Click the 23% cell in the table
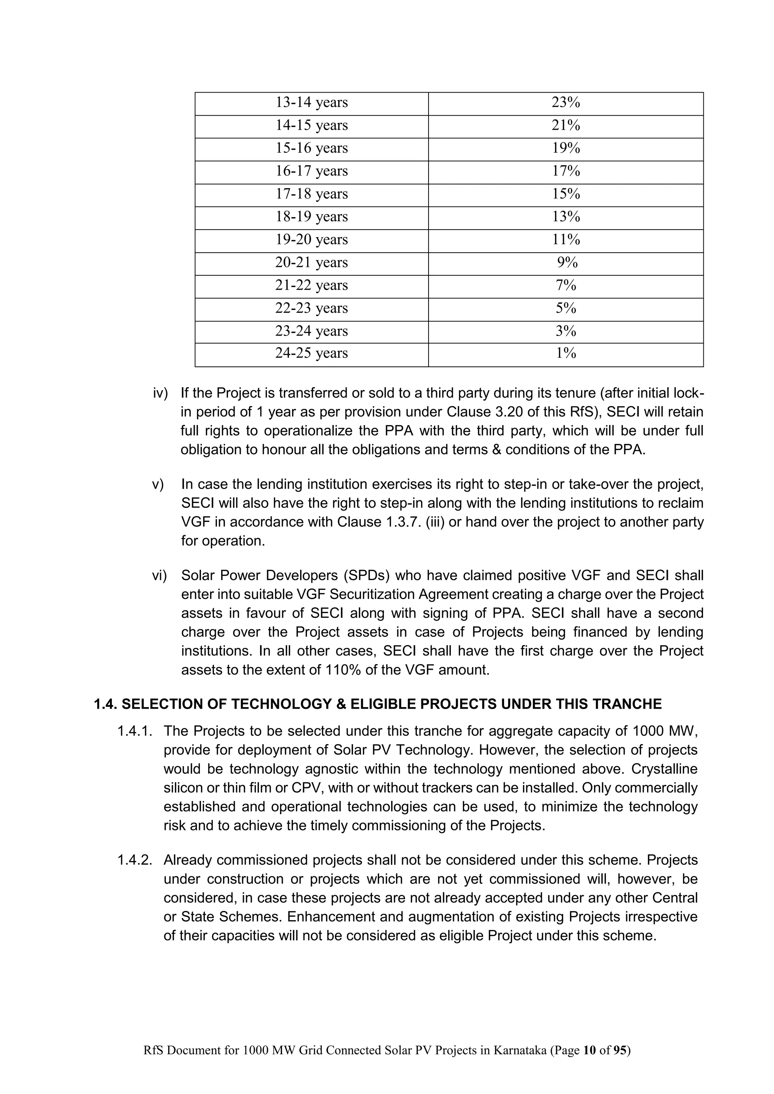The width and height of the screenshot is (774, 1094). click(566, 102)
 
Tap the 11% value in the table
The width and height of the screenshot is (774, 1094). click(566, 240)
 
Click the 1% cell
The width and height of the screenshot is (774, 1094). click(566, 353)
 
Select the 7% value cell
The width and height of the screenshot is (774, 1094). click(566, 286)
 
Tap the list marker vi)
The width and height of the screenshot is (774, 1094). click(159, 576)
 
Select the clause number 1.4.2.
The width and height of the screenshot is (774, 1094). click(135, 860)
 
